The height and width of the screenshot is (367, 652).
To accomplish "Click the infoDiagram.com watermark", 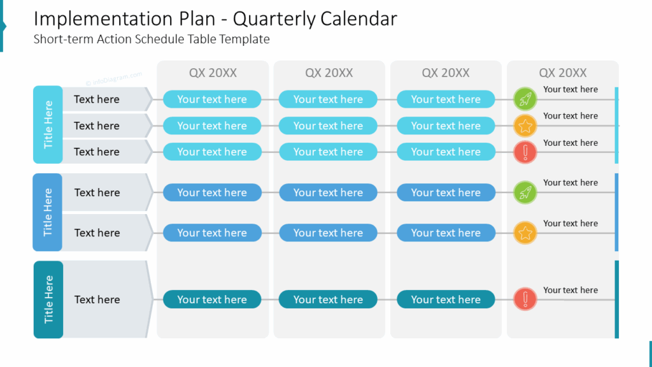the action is click(114, 78).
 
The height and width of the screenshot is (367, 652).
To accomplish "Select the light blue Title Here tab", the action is click(48, 124).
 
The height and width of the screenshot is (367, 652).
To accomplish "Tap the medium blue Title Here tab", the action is click(47, 212).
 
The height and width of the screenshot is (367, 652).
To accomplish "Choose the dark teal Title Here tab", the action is click(48, 299).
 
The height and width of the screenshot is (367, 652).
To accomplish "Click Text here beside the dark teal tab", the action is click(97, 299).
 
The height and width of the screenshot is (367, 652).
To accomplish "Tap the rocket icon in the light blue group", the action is click(525, 99).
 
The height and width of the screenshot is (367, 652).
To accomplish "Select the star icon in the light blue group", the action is click(525, 126).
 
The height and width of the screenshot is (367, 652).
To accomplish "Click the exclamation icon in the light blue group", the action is click(525, 152).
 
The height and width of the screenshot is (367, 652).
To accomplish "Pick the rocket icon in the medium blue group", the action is click(525, 192).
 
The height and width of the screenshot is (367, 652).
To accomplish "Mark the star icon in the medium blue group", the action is click(525, 233).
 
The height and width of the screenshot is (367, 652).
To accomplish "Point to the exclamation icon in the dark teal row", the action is click(525, 299).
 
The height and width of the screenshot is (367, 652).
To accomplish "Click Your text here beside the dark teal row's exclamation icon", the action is click(570, 290).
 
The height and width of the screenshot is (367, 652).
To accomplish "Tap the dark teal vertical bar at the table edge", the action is click(616, 299).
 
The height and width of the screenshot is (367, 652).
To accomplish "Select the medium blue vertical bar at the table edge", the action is click(616, 212).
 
